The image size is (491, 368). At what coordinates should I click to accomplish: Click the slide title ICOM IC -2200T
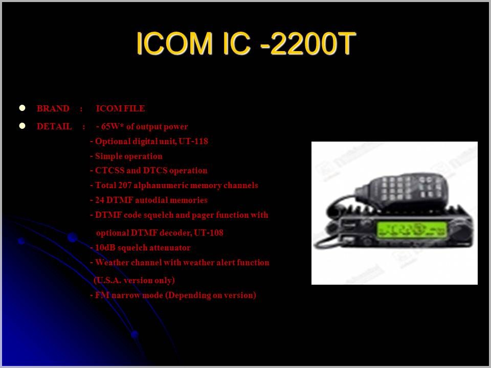(x=246, y=43)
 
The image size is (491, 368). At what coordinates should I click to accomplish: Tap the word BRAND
(x=53, y=108)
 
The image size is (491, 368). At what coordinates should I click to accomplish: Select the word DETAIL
(x=54, y=126)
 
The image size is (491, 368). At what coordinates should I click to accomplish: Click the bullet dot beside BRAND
(x=22, y=108)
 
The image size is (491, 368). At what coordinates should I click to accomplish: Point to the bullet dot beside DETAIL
(x=22, y=126)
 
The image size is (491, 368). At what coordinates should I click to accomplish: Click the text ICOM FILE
(x=121, y=108)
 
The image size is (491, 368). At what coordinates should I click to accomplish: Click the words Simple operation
(x=129, y=156)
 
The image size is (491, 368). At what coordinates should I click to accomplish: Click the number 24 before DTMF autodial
(x=99, y=200)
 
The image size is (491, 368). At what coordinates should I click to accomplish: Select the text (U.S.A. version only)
(x=135, y=281)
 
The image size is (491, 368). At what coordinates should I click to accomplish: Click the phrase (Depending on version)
(x=210, y=295)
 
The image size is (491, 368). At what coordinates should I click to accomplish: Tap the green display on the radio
(x=412, y=229)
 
